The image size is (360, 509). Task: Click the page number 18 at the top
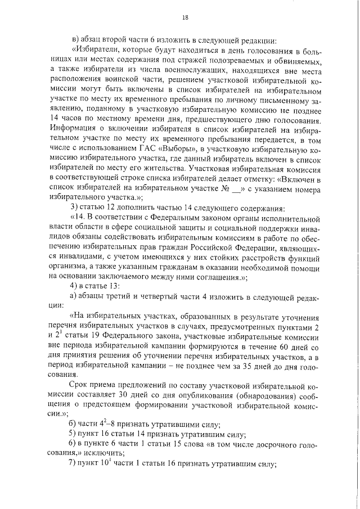(x=186, y=18)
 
